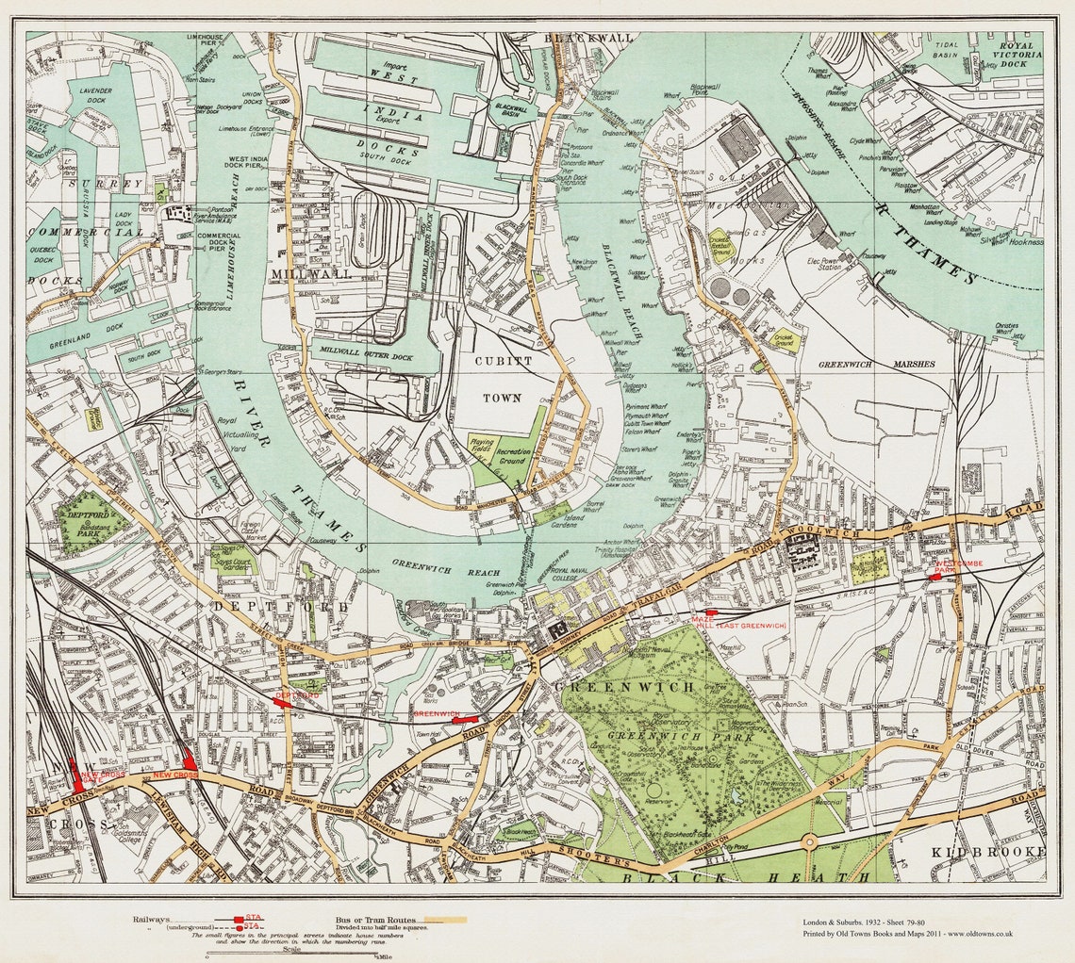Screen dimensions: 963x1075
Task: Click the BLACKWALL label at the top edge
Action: [589, 38]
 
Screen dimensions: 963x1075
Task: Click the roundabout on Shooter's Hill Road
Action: [808, 841]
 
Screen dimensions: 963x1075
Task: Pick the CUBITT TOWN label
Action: [502, 379]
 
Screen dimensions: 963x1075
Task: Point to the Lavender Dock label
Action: [96, 95]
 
